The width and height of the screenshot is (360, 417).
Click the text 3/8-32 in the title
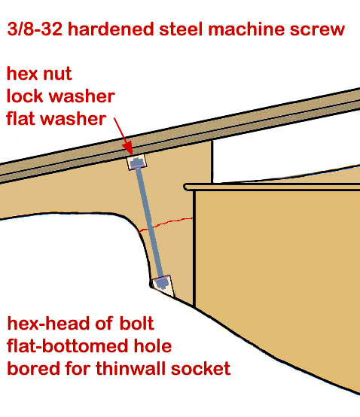pyautogui.click(x=35, y=29)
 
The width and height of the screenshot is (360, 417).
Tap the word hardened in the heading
pyautogui.click(x=111, y=29)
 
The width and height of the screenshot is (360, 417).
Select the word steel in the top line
pyautogui.click(x=182, y=29)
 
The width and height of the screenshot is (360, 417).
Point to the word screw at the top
pyautogui.click(x=317, y=29)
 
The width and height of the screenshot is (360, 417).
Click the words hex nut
pyautogui.click(x=39, y=73)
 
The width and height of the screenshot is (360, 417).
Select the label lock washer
pyautogui.click(x=60, y=96)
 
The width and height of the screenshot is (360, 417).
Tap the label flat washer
pyautogui.click(x=56, y=119)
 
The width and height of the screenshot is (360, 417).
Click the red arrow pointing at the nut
pyautogui.click(x=124, y=136)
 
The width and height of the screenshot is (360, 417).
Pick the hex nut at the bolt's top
pyautogui.click(x=137, y=163)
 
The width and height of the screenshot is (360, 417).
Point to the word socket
pyautogui.click(x=200, y=369)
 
